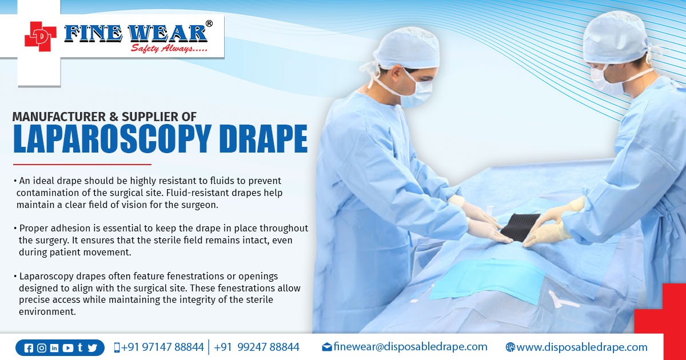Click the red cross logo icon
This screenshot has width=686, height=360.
pyautogui.click(x=41, y=37)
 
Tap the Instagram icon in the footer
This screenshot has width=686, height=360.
pyautogui.click(x=42, y=348)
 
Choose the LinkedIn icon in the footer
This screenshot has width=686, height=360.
pyautogui.click(x=54, y=348)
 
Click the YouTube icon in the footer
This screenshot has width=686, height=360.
pyautogui.click(x=67, y=348)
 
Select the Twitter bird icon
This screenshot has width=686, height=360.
pyautogui.click(x=92, y=348)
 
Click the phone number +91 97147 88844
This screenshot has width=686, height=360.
pyautogui.click(x=162, y=347)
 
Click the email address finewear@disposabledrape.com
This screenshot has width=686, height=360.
pyautogui.click(x=410, y=347)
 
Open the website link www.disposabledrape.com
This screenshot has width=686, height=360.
pyautogui.click(x=581, y=347)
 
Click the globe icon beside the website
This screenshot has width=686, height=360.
pyautogui.click(x=510, y=347)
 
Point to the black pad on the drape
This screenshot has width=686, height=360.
pyautogui.click(x=521, y=227)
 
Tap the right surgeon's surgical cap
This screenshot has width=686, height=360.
pyautogui.click(x=614, y=36)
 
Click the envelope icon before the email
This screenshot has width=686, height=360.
pyautogui.click(x=327, y=347)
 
